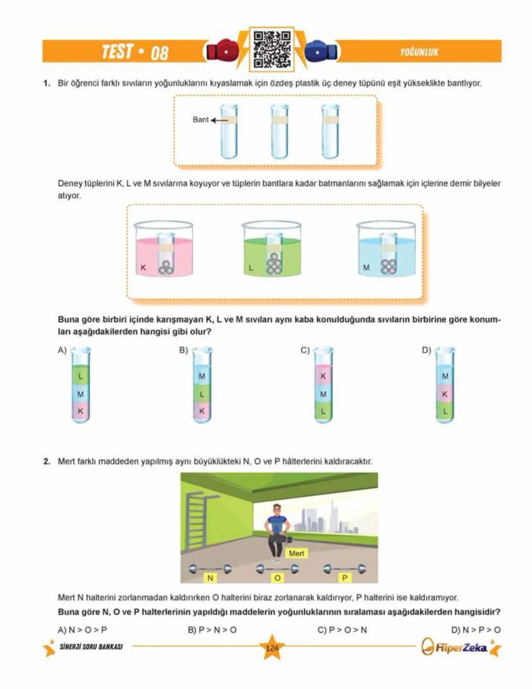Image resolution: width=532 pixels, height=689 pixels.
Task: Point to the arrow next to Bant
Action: [220, 120]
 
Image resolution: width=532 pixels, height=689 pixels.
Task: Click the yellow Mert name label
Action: [297, 553]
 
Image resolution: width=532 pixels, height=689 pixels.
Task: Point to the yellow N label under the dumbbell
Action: [209, 578]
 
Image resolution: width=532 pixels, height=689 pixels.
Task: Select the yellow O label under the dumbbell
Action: [277, 578]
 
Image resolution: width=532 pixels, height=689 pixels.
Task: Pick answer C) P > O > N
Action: [342, 629]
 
